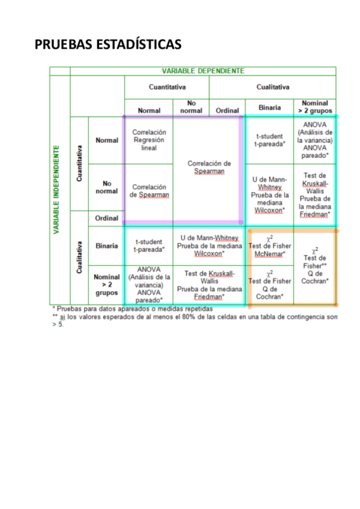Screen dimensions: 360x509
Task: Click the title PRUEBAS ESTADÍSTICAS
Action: (108, 45)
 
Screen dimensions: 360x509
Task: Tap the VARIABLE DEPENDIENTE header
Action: (203, 71)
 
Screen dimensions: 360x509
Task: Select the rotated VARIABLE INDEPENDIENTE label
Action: (56, 189)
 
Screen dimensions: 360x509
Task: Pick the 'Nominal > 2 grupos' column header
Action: (315, 107)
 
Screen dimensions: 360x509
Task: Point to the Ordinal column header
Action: (227, 110)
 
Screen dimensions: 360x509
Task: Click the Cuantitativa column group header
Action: (167, 87)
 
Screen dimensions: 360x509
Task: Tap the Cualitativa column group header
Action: (272, 87)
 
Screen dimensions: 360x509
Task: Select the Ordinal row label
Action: (106, 218)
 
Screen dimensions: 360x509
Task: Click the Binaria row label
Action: (106, 245)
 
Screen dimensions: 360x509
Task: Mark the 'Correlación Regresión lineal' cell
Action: (149, 140)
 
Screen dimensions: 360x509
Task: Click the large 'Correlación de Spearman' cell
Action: (209, 167)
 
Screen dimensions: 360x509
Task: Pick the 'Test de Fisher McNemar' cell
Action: (269, 245)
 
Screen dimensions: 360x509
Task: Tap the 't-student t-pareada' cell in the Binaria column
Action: (269, 140)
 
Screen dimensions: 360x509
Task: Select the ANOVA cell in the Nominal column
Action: (315, 140)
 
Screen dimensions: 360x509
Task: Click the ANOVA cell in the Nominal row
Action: (149, 285)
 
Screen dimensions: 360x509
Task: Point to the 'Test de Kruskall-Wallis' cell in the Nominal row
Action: (209, 285)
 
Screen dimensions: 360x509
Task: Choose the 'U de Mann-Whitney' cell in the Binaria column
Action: (269, 194)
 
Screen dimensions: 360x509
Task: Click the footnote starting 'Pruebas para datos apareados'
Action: (133, 309)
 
